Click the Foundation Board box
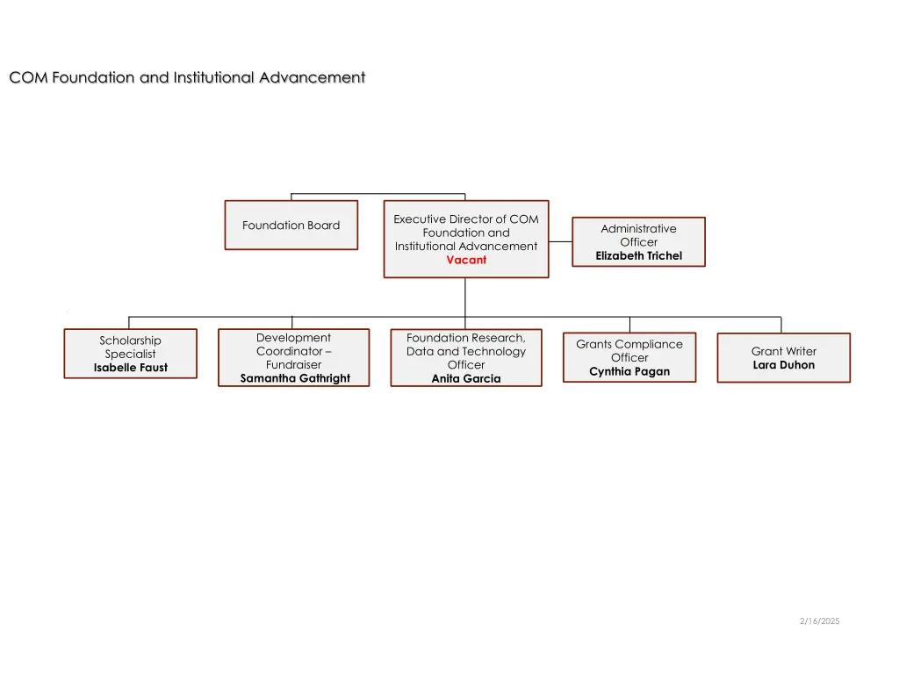pyautogui.click(x=291, y=226)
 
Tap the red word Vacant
pyautogui.click(x=466, y=260)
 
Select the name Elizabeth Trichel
pyautogui.click(x=638, y=256)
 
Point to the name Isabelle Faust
pyautogui.click(x=130, y=368)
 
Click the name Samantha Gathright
pyautogui.click(x=295, y=378)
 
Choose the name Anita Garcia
pyautogui.click(x=465, y=379)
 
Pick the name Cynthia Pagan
pyautogui.click(x=629, y=372)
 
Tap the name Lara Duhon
pyautogui.click(x=783, y=365)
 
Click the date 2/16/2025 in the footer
pyautogui.click(x=819, y=621)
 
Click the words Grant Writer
pyautogui.click(x=783, y=351)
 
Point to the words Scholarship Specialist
pyautogui.click(x=130, y=347)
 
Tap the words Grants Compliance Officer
pyautogui.click(x=629, y=351)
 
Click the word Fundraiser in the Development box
pyautogui.click(x=293, y=365)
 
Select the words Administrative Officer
pyautogui.click(x=638, y=235)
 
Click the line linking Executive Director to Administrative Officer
pyautogui.click(x=560, y=241)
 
